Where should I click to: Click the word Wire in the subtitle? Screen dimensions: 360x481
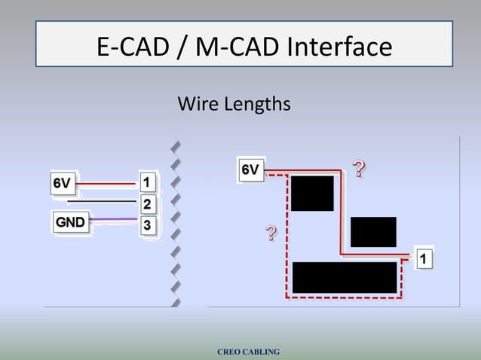pyautogui.click(x=196, y=104)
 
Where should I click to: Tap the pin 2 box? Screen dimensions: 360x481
pyautogui.click(x=148, y=203)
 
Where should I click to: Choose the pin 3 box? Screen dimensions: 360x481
pyautogui.click(x=148, y=224)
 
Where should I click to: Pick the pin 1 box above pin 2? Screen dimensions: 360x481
pyautogui.click(x=148, y=182)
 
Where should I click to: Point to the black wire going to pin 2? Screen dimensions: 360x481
pyautogui.click(x=103, y=202)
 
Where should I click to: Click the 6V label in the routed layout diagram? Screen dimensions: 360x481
pyautogui.click(x=251, y=170)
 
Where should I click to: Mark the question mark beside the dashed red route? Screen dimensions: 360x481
pyautogui.click(x=270, y=233)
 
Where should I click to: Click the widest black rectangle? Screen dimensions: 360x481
pyautogui.click(x=345, y=277)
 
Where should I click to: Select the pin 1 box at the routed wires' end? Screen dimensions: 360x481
pyautogui.click(x=424, y=259)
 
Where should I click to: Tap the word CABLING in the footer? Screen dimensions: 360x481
pyautogui.click(x=262, y=352)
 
